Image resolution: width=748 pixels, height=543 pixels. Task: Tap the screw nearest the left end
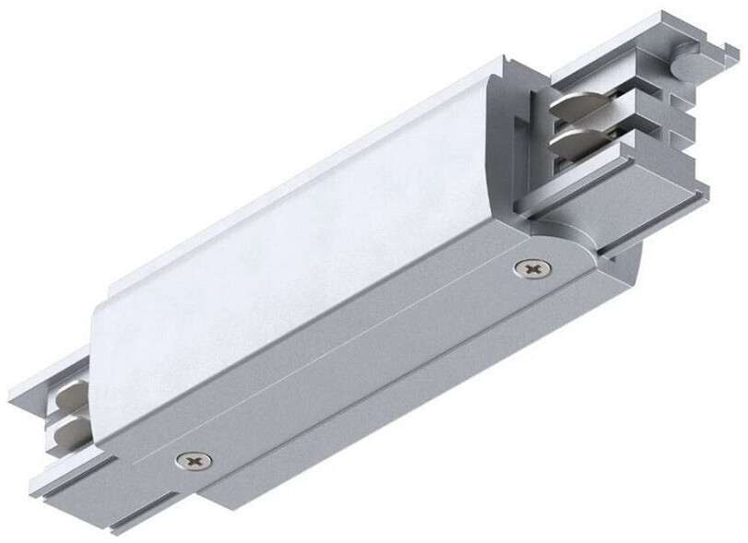(193, 458)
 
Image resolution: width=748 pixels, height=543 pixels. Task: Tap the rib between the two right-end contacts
(590, 129)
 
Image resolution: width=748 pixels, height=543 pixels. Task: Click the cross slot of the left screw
(193, 458)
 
